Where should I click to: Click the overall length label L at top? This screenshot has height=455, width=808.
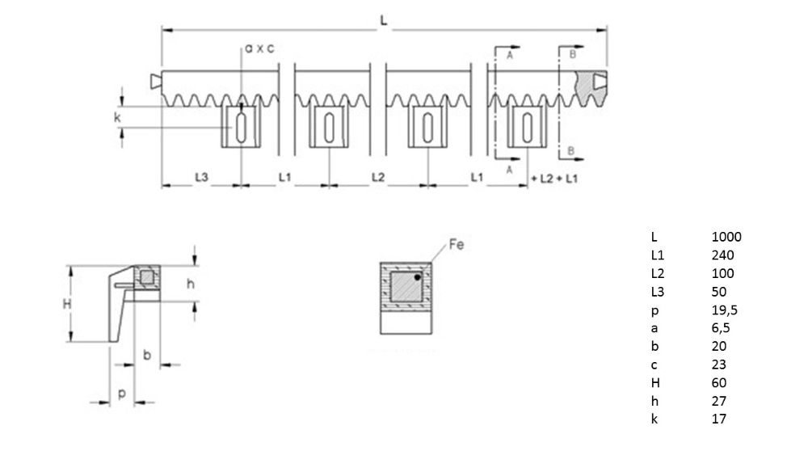tap(383, 21)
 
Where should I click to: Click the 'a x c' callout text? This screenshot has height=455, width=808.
tap(259, 48)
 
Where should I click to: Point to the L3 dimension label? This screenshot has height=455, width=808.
tap(201, 177)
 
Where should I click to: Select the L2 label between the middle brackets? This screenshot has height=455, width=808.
tap(378, 177)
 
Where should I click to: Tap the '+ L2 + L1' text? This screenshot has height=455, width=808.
tap(554, 179)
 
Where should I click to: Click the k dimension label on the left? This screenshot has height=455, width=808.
tap(117, 117)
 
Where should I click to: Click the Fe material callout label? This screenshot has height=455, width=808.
tap(457, 244)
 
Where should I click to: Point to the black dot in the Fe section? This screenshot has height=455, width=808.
tap(418, 278)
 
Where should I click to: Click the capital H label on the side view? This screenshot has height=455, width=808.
tap(67, 304)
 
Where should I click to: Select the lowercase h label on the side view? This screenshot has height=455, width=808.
tap(191, 284)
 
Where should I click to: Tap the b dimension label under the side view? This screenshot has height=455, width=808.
tap(147, 355)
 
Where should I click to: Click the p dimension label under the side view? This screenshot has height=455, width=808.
tap(122, 394)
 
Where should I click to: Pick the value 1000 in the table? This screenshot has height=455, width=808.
tap(726, 237)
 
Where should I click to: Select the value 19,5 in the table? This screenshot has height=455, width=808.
tap(724, 310)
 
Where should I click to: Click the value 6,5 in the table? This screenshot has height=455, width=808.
tap(721, 328)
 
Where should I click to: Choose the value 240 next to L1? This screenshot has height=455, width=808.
tap(722, 255)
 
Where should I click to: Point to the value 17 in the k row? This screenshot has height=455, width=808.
tap(719, 419)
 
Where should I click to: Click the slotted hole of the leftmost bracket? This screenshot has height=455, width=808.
tap(241, 127)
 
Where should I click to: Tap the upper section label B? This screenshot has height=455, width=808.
tap(572, 55)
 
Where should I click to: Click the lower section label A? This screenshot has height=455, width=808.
tap(509, 169)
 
